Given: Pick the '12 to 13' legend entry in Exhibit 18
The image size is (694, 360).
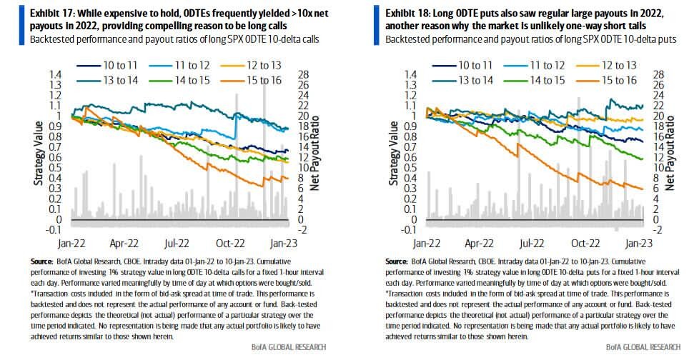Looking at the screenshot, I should click(618, 64).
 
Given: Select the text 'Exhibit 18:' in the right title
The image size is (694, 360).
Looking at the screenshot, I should click(410, 13).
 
